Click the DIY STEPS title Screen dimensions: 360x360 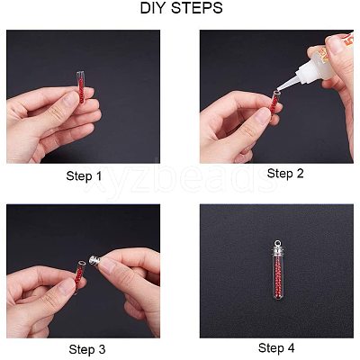click(181, 8)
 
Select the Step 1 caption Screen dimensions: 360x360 click(84, 176)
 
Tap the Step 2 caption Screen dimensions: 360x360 click(285, 174)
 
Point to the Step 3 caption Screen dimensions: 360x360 click(87, 349)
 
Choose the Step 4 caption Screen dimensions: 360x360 click(276, 348)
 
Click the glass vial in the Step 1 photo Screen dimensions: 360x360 click(81, 87)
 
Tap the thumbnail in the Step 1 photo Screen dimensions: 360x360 click(70, 99)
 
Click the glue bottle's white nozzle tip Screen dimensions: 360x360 click(276, 89)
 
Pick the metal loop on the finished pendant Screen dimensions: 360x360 click(276, 242)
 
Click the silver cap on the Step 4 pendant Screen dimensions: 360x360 click(276, 250)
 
